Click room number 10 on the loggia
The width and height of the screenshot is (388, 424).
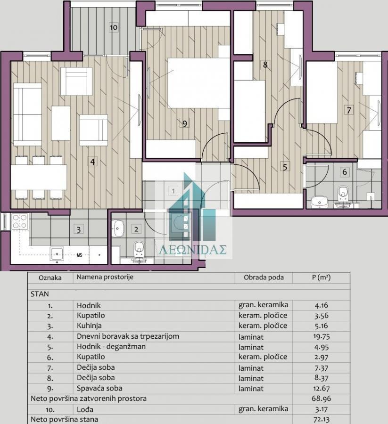coord(114,27)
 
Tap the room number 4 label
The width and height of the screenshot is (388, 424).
coord(92,162)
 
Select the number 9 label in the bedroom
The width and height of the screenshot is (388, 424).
coord(184,123)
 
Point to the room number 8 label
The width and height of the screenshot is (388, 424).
coord(265,65)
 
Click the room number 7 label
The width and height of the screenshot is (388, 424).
coord(349,110)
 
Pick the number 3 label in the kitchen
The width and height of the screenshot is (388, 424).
coord(78,229)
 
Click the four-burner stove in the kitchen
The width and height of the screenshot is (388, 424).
coord(20,221)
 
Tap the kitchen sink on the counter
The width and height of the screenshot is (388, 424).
coord(57,253)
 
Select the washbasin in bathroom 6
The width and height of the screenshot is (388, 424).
coord(320,202)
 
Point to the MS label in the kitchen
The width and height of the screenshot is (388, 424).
coord(79,255)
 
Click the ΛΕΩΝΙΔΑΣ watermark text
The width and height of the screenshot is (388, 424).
coord(193,250)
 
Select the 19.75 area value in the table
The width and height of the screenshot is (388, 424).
coord(322,336)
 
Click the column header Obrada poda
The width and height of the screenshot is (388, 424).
coord(264,277)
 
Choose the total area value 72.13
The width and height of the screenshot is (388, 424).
coord(322,419)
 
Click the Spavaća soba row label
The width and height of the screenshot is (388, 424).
coord(99,388)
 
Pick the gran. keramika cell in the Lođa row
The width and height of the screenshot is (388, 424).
coord(263,409)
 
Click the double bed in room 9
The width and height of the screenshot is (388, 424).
coord(199,82)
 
